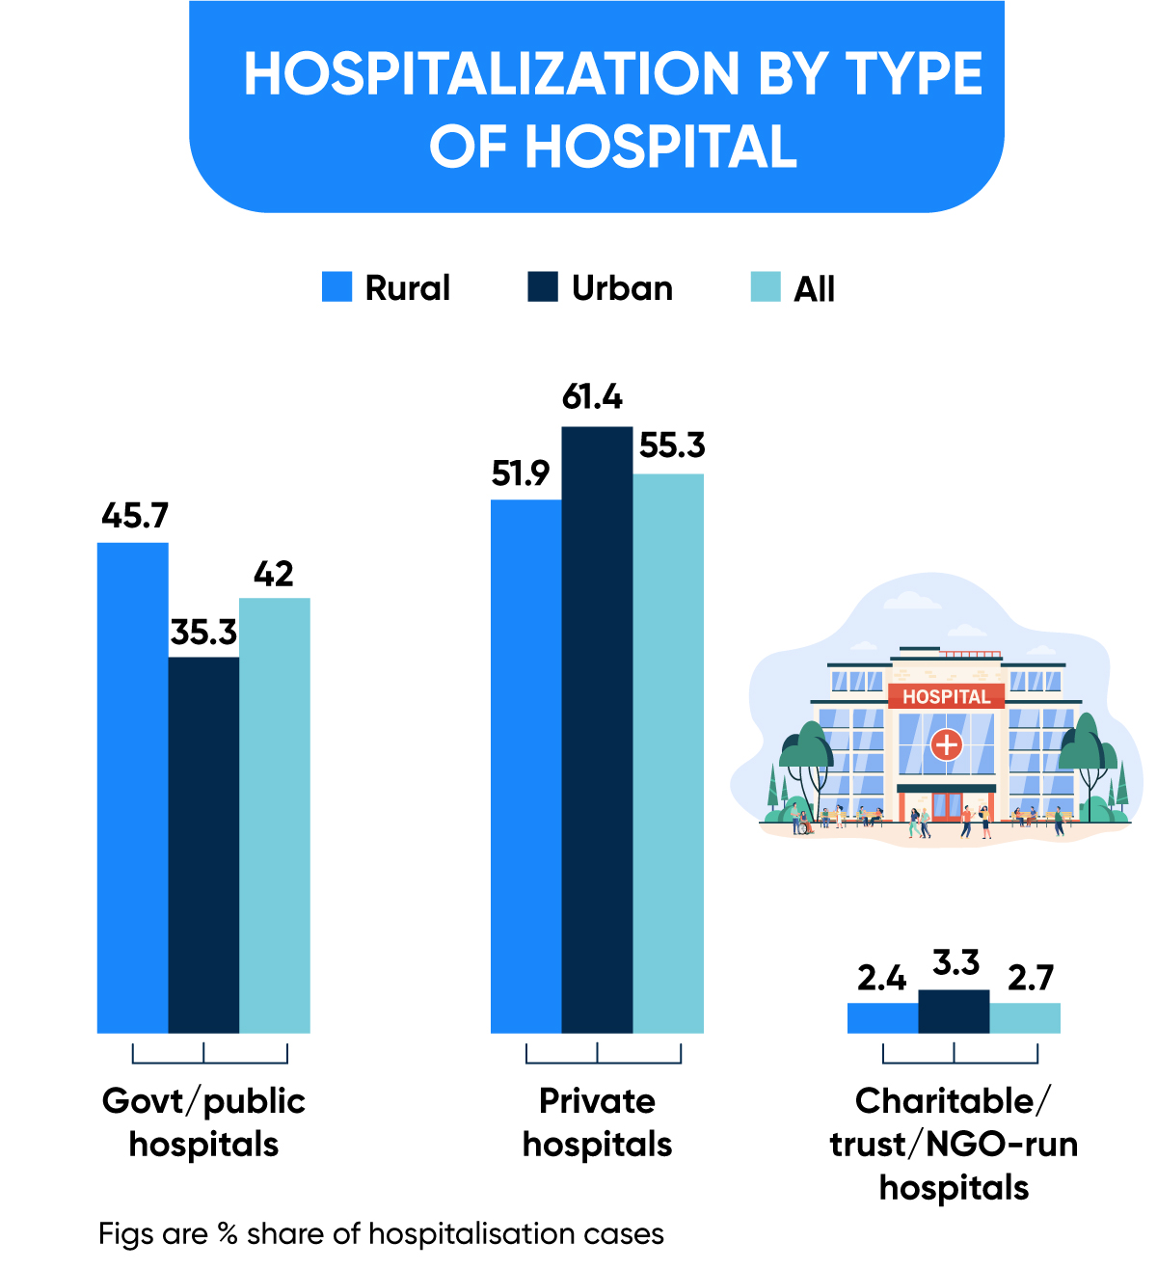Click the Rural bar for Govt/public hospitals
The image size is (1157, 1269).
(133, 788)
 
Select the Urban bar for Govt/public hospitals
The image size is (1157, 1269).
(203, 846)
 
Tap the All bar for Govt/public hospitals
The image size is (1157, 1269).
(275, 816)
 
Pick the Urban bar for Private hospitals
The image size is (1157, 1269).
(597, 730)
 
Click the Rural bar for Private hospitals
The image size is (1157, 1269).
(526, 767)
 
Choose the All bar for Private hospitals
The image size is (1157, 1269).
(668, 753)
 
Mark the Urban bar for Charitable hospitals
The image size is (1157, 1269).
(954, 1012)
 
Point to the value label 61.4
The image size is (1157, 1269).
(592, 396)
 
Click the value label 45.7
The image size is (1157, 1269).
(134, 516)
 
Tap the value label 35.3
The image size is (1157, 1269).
(203, 633)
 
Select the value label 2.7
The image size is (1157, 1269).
(1031, 978)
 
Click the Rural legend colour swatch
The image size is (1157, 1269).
(337, 287)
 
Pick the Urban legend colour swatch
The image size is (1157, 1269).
(543, 287)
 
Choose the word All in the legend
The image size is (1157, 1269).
(814, 288)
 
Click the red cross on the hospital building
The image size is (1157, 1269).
(946, 744)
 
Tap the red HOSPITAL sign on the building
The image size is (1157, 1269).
(946, 696)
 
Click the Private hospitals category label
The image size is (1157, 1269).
(597, 1122)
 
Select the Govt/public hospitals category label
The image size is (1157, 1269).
(203, 1122)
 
